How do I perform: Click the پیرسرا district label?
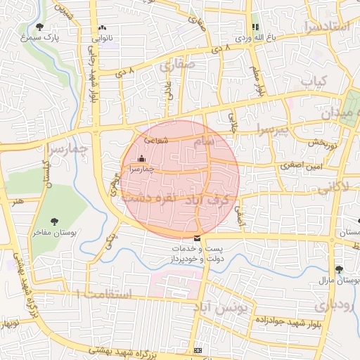273,129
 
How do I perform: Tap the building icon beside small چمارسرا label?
143,159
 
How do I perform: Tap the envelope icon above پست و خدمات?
195,238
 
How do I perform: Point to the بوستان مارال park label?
339,280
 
